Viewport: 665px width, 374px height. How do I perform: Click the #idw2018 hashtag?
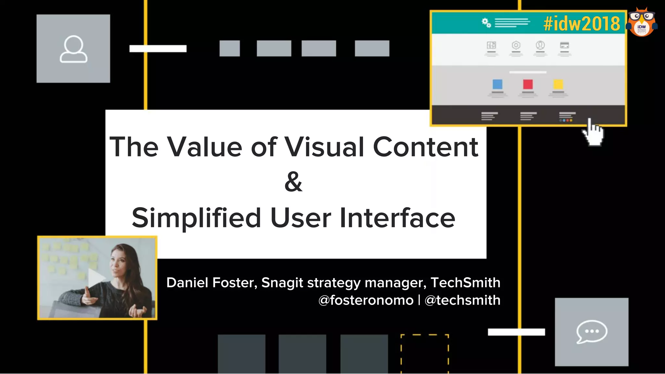(582, 23)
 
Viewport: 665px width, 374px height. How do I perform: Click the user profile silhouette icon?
(73, 49)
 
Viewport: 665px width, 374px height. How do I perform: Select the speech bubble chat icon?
(592, 331)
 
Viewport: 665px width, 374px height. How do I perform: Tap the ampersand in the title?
(293, 182)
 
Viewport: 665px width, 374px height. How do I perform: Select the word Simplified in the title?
(196, 218)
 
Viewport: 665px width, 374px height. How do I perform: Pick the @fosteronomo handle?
(366, 300)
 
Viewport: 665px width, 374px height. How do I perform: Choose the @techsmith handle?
(462, 300)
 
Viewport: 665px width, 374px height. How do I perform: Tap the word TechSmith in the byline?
(465, 282)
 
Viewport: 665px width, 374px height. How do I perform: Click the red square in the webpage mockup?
(528, 84)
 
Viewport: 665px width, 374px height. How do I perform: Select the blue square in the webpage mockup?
(497, 84)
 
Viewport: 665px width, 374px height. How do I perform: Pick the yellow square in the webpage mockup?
(558, 84)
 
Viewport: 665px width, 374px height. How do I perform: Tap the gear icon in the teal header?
(486, 23)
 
